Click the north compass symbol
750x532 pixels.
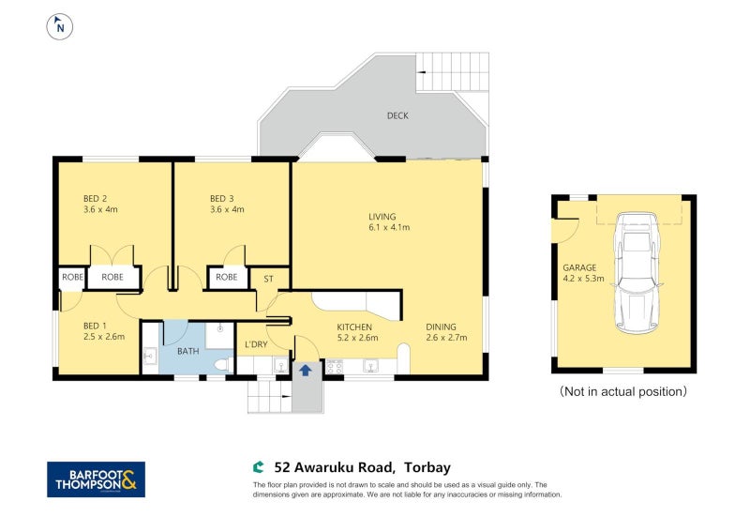pos(61,26)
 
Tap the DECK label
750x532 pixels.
pos(397,116)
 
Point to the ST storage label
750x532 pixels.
pos(268,278)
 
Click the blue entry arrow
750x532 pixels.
pos(305,370)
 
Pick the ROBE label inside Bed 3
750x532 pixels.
pos(226,278)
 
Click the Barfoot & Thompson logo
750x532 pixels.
pos(96,479)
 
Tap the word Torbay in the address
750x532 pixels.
pos(432,465)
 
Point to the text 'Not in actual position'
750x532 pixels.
pos(622,390)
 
